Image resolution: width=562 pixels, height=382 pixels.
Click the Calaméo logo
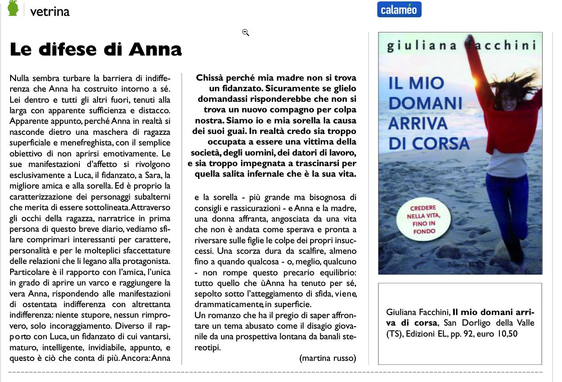tap(399, 9)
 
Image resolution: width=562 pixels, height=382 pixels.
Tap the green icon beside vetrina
tap(13, 8)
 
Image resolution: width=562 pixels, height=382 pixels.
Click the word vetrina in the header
tap(50, 11)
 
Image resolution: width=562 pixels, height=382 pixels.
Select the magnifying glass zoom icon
tap(246, 32)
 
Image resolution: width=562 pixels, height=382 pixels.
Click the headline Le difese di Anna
tap(96, 49)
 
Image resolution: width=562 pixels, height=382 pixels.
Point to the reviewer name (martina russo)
tap(327, 357)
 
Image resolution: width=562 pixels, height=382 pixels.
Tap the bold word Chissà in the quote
tap(210, 78)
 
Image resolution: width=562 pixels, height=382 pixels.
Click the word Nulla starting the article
tap(19, 79)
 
